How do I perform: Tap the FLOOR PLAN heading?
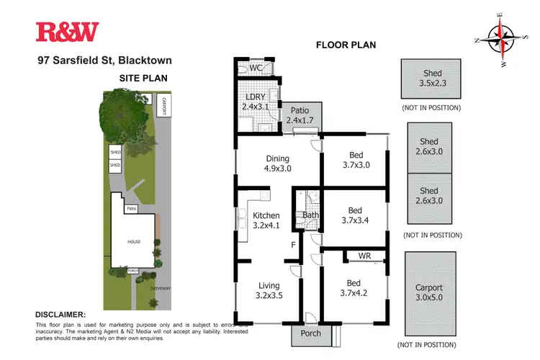(x=346, y=45)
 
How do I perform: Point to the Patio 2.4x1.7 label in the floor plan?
(x=300, y=115)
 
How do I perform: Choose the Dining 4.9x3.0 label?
(x=277, y=164)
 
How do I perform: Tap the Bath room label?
(x=311, y=215)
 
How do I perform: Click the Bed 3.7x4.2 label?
(x=354, y=287)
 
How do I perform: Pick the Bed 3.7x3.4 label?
(x=354, y=215)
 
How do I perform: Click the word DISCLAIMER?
(x=61, y=315)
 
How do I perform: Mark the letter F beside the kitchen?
(x=294, y=244)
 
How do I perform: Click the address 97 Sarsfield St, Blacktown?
(x=105, y=61)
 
